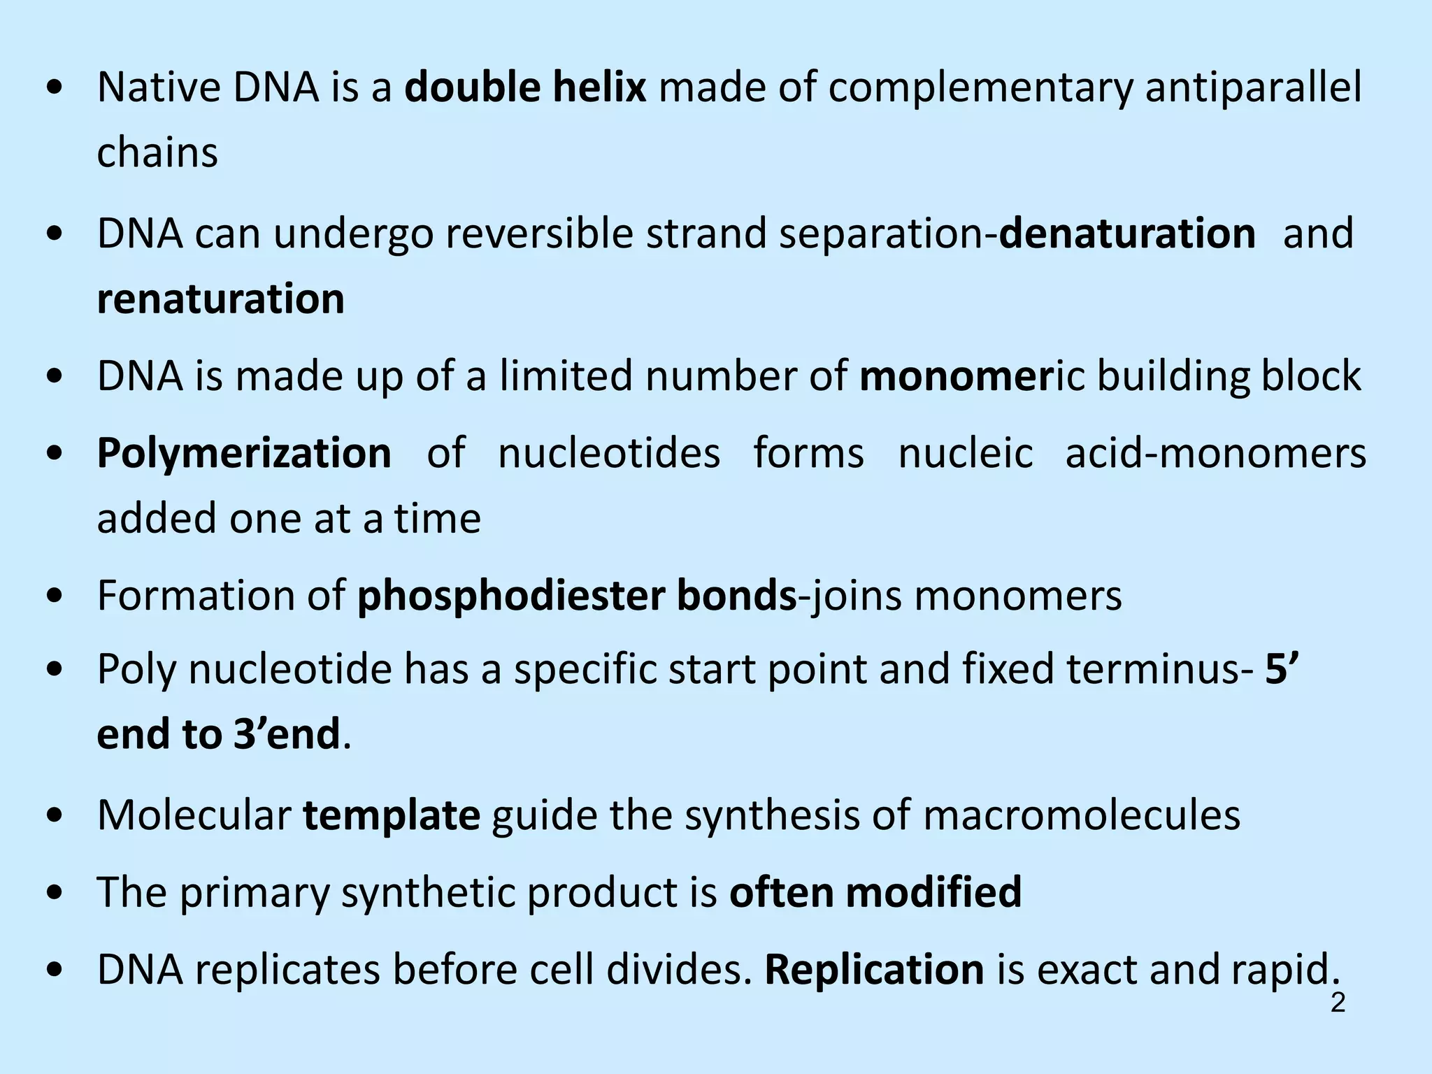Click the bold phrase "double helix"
tap(525, 88)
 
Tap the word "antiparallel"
tap(1253, 88)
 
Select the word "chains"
tap(157, 152)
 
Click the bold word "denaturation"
tap(1126, 234)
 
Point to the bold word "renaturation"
tap(221, 299)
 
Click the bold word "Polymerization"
tap(244, 453)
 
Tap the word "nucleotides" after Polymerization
tap(608, 453)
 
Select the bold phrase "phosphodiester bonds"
tap(577, 596)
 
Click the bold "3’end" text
tap(287, 734)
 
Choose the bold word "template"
tap(392, 815)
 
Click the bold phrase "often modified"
tap(875, 892)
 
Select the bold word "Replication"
tap(874, 970)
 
